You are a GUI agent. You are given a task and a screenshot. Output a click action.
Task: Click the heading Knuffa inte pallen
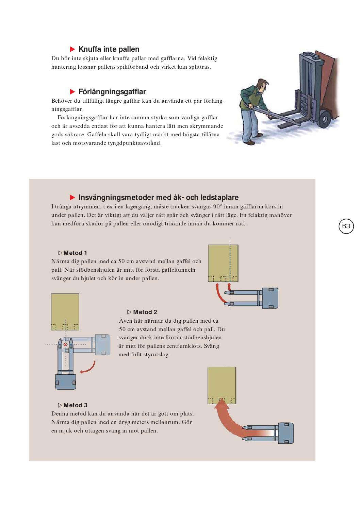click(x=109, y=49)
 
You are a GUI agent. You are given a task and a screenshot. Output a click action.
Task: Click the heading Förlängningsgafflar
click(x=112, y=92)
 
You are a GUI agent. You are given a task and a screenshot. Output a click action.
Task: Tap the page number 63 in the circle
click(x=346, y=226)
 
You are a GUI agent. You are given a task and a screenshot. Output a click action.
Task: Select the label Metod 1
click(x=75, y=253)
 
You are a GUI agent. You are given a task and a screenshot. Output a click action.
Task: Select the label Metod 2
click(x=145, y=312)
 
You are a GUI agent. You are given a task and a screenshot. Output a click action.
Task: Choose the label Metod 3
click(x=75, y=405)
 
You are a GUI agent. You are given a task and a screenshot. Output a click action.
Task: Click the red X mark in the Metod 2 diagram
click(x=65, y=345)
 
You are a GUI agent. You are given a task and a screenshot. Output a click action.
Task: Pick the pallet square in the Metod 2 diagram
click(x=65, y=311)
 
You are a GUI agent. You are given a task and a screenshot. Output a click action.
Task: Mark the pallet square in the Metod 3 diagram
click(x=222, y=385)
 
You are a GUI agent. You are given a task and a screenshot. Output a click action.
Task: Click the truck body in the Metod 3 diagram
click(x=285, y=433)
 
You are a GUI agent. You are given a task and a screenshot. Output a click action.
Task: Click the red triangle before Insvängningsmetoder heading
click(x=72, y=198)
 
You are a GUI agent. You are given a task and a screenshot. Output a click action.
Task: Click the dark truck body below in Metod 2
click(x=65, y=381)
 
